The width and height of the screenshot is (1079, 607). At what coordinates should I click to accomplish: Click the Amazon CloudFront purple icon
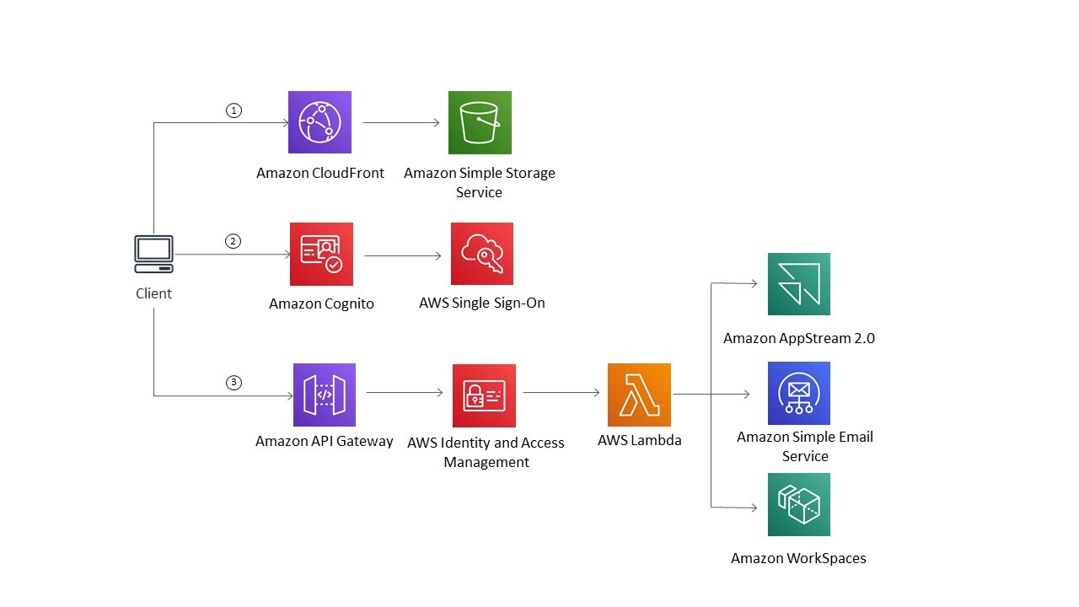pos(319,122)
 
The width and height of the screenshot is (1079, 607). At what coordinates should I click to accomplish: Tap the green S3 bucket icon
pos(480,122)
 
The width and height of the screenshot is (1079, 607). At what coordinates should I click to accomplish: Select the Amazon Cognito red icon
pos(321,254)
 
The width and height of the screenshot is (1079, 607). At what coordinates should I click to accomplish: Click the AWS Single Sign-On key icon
pos(481,254)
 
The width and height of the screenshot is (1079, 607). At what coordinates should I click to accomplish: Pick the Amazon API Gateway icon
pos(325,395)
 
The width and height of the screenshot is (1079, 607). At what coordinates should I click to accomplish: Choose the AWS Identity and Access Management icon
pos(484,395)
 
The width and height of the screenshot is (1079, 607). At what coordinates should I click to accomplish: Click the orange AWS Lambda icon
pos(639,395)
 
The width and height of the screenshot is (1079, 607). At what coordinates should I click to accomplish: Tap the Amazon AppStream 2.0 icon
pos(798,284)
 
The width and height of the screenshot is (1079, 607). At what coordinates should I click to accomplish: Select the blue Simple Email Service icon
pos(798,393)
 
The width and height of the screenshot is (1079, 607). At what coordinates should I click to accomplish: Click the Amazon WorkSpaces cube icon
pos(798,504)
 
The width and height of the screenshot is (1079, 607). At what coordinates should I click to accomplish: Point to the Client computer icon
pos(154,254)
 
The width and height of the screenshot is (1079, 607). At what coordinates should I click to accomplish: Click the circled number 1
pos(234,110)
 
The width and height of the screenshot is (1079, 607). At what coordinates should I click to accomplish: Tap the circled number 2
pos(234,241)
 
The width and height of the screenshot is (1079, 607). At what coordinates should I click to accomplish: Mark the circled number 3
pos(234,383)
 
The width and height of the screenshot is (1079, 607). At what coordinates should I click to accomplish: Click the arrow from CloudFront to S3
pos(401,123)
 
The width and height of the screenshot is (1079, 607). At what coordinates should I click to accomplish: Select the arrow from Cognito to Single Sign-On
pos(403,255)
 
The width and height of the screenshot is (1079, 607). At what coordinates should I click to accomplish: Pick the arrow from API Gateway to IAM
pos(405,392)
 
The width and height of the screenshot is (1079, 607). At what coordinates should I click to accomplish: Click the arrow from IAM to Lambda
pos(561,392)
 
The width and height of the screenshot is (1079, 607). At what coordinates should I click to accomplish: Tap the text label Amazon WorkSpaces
pos(798,558)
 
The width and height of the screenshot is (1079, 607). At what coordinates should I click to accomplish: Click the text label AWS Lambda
pos(639,440)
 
